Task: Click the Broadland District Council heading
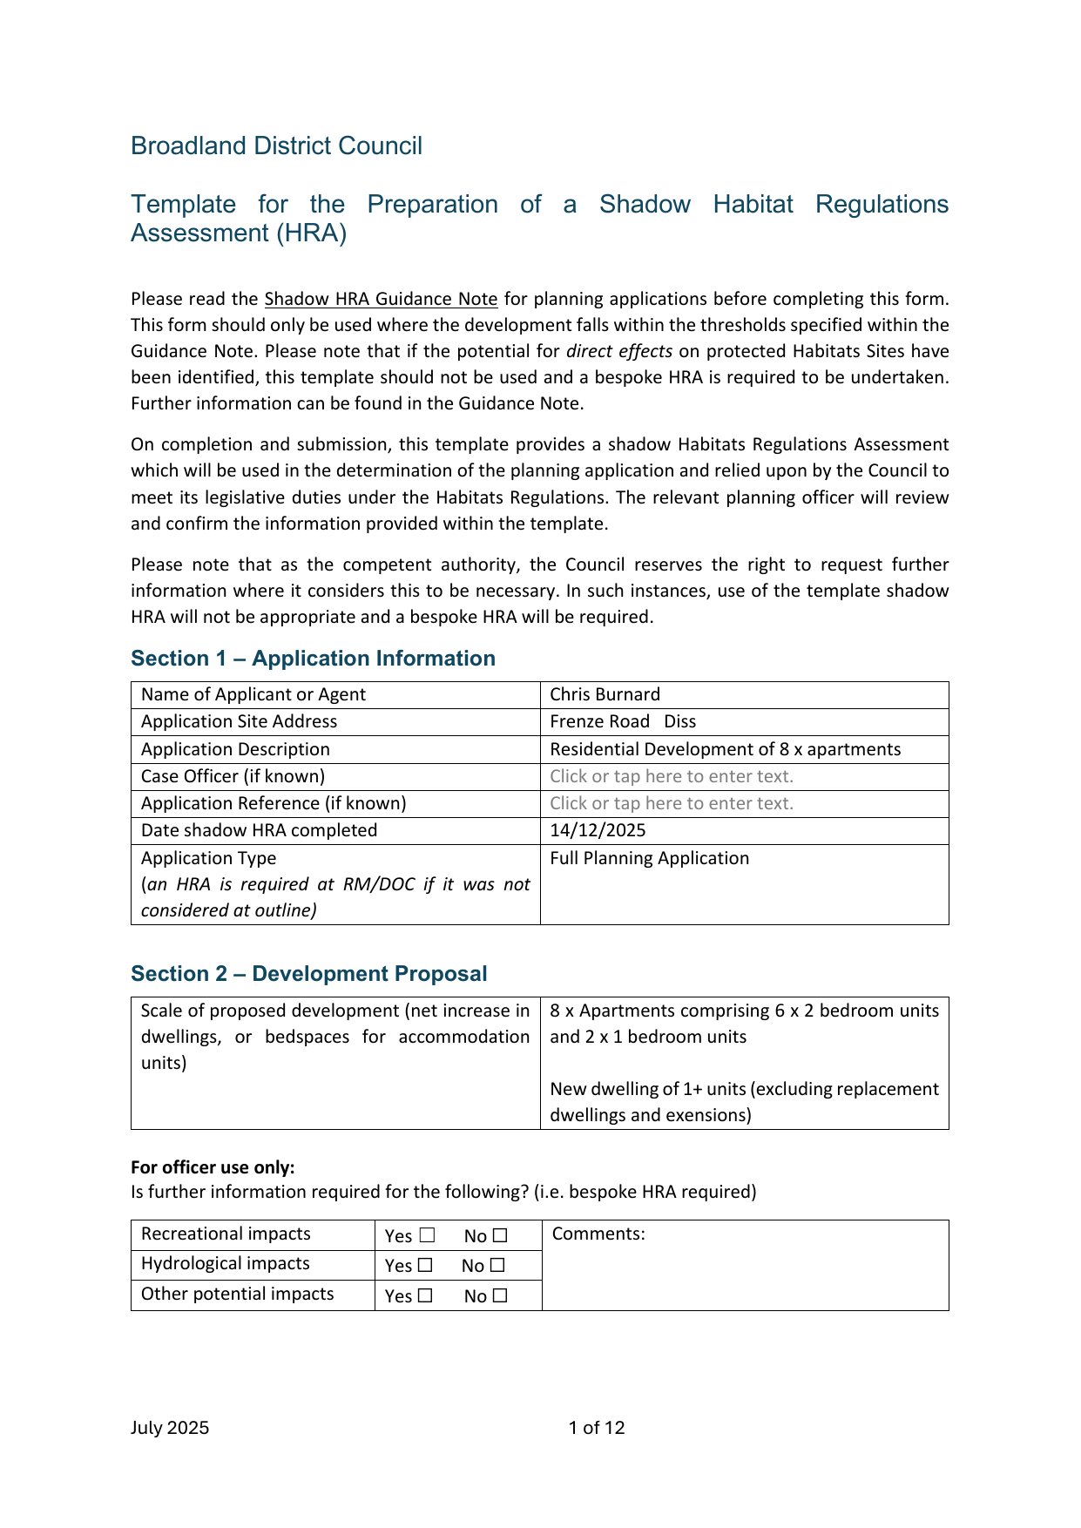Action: (276, 145)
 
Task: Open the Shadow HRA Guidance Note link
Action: (381, 299)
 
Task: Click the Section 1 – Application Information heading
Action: (313, 659)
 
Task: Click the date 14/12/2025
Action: (598, 830)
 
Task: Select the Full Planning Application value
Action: (649, 858)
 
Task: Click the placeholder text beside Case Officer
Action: (672, 776)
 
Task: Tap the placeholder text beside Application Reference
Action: (672, 803)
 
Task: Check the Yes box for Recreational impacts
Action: (427, 1235)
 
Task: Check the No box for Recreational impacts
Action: (500, 1235)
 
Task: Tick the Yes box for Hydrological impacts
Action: (425, 1265)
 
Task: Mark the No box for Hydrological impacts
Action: (497, 1265)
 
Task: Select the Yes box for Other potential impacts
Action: (425, 1295)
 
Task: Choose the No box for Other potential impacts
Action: (500, 1295)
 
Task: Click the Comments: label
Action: (598, 1234)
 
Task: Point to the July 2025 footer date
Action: (170, 1427)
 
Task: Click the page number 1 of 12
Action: (597, 1427)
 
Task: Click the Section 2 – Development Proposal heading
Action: (308, 974)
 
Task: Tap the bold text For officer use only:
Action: (213, 1167)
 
